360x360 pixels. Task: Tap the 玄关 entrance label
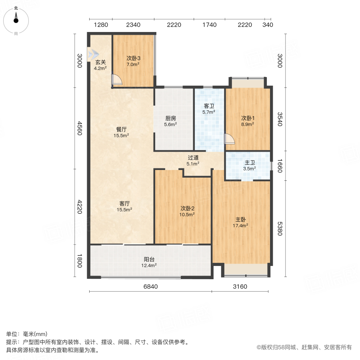[x=100, y=62]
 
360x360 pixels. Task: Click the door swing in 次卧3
[x=117, y=80]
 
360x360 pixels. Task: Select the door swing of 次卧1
[x=230, y=138]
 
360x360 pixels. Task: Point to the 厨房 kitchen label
[x=171, y=118]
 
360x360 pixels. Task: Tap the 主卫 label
[x=250, y=162]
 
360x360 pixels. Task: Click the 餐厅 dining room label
[x=122, y=130]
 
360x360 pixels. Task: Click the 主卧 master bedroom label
[x=240, y=220]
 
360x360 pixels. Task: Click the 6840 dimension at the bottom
[x=150, y=286]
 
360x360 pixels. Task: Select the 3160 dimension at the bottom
[x=240, y=286]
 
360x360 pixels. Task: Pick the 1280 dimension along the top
[x=101, y=25]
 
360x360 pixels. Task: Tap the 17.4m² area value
[x=240, y=226]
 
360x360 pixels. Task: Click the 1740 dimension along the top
[x=209, y=25]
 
